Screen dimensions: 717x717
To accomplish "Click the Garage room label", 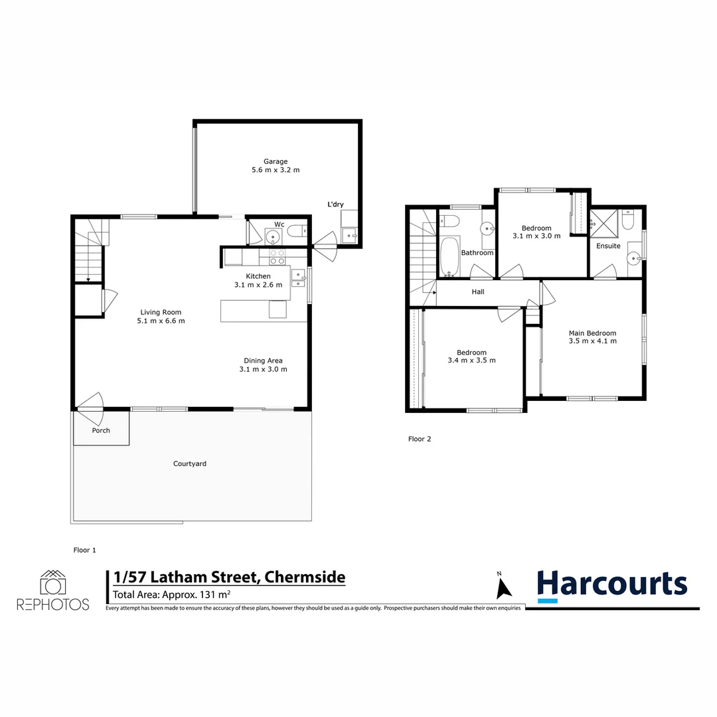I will tap(275, 161).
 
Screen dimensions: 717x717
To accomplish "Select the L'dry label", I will tap(335, 204).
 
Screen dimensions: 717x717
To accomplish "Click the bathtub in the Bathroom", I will tap(449, 257).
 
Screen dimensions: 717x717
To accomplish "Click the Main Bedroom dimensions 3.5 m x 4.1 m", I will tap(592, 341).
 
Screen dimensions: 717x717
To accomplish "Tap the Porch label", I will tap(101, 431).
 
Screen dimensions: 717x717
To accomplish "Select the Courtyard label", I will tap(190, 464).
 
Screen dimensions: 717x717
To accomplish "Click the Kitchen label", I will tap(258, 276).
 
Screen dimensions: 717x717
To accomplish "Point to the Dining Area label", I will tap(263, 361).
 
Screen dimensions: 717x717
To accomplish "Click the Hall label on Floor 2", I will tap(478, 292).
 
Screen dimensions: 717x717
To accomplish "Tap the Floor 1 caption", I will tap(85, 550).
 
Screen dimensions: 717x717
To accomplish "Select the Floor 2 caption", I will tap(420, 439).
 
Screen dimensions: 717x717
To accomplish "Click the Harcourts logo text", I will tap(611, 585).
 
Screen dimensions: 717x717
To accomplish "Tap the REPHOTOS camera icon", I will tap(53, 582).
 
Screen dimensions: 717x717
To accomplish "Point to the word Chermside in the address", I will tap(305, 577).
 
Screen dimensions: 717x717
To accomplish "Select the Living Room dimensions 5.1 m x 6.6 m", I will tap(161, 321).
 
